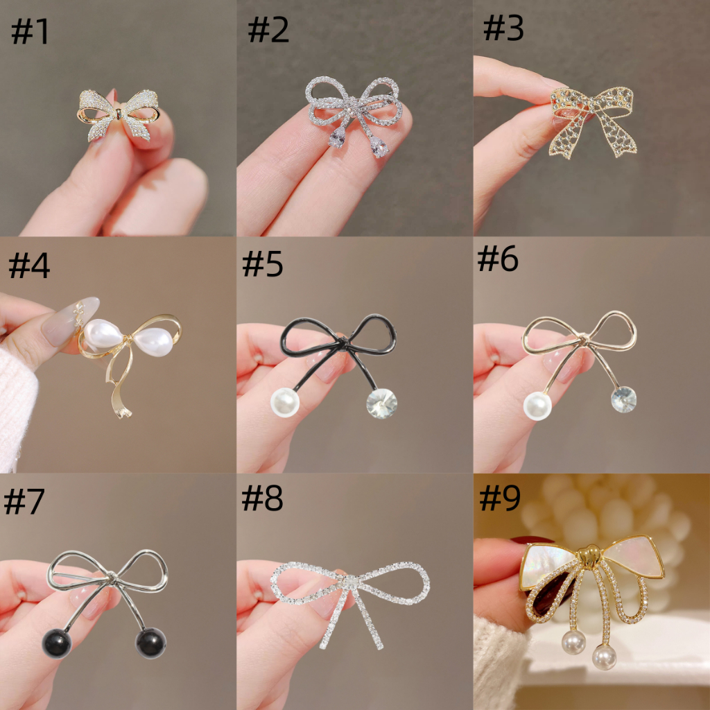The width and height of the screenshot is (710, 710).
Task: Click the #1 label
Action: point(30,32)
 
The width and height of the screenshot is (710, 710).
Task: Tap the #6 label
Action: point(498,259)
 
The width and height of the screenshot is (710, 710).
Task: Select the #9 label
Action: point(500,498)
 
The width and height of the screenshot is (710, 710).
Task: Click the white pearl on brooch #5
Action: point(284,402)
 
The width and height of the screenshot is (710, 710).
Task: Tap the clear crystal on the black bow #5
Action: point(382,403)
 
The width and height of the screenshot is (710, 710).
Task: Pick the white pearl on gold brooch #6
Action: point(537,406)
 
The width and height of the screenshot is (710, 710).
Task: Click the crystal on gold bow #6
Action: point(623,399)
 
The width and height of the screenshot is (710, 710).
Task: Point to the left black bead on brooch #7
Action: point(57,643)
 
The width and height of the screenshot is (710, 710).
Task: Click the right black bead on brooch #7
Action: point(150,643)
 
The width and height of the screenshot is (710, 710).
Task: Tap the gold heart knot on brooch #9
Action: point(590,557)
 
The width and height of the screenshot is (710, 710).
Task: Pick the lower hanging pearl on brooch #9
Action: point(604,657)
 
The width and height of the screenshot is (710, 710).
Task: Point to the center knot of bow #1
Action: point(119,114)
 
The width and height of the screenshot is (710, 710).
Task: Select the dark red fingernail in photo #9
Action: point(532,540)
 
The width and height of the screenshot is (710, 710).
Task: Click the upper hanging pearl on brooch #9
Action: point(573,642)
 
